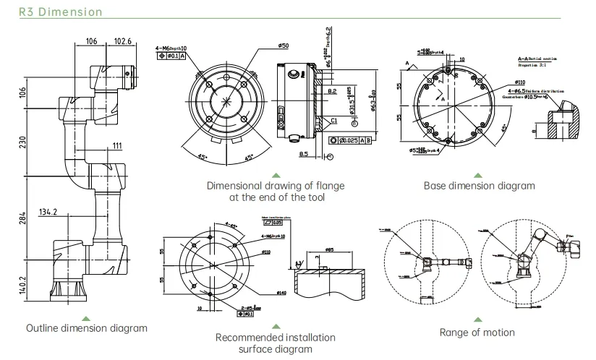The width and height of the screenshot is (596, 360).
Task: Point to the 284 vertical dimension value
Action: point(22,217)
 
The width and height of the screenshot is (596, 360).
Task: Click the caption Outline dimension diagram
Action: point(87,329)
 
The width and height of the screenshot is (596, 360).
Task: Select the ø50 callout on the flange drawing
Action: point(263,46)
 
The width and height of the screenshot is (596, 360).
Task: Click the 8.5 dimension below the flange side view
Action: point(304,153)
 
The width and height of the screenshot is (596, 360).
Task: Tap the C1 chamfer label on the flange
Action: point(335,121)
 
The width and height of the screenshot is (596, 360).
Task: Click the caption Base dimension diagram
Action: point(479,186)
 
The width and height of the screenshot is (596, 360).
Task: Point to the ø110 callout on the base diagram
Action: point(520,82)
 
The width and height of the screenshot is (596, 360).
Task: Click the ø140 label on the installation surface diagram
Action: point(281,293)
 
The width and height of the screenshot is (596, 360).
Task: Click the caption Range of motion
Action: point(477,333)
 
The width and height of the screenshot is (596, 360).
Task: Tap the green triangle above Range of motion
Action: point(477,319)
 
